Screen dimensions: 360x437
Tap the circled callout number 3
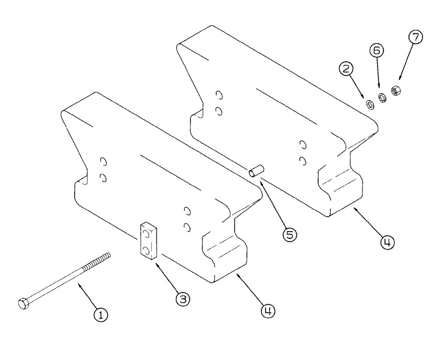coord(182,299)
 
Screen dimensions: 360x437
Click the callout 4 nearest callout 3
coord(268,311)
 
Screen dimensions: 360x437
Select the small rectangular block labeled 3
coord(149,241)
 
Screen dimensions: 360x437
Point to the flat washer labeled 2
coord(370,105)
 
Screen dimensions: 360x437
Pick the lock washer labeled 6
coord(383,98)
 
